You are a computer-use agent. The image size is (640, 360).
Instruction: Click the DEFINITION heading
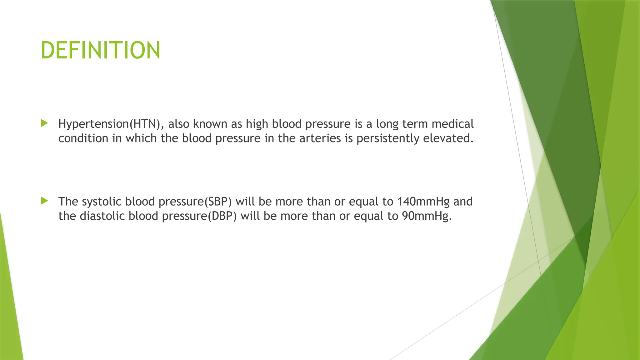point(100,50)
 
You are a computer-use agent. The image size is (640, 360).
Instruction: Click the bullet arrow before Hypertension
point(44,123)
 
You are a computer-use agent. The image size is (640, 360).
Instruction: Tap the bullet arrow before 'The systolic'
point(44,201)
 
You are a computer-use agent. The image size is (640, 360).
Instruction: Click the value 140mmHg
point(423,202)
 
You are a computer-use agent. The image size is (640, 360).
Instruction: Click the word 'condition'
point(83,138)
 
